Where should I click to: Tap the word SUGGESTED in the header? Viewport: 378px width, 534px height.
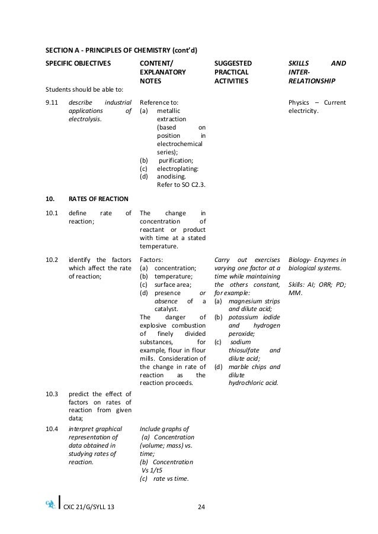(232, 62)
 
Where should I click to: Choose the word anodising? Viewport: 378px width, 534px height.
(171, 176)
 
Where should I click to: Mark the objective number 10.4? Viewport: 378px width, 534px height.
(50, 429)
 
